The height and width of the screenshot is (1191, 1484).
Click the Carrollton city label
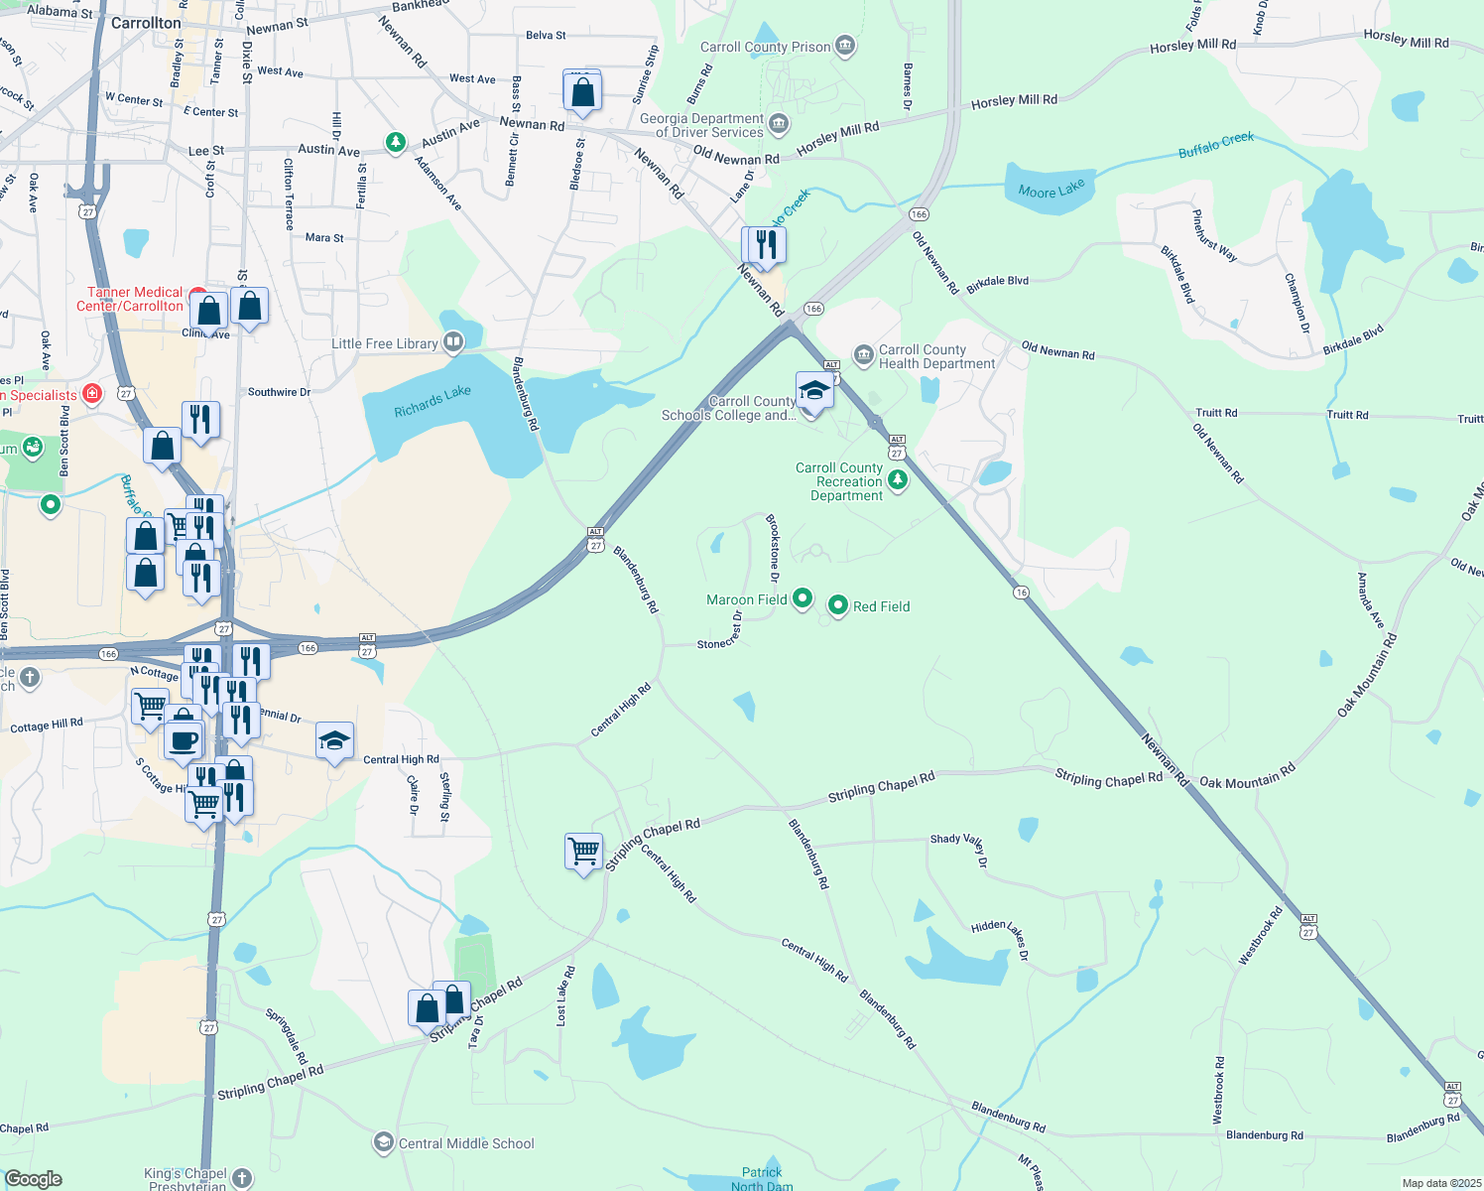[146, 23]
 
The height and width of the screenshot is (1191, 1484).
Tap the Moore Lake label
[1051, 189]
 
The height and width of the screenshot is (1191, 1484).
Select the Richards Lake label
[432, 401]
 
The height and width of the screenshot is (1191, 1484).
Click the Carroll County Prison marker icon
[845, 46]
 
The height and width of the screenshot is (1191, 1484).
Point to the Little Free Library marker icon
[453, 343]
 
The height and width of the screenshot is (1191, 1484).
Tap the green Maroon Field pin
[804, 598]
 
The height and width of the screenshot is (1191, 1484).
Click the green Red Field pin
[838, 605]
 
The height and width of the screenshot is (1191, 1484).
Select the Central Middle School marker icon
[383, 1142]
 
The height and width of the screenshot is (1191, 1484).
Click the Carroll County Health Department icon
[863, 354]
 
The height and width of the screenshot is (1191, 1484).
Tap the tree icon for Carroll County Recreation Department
[898, 480]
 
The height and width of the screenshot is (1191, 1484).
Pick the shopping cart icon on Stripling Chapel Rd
[583, 851]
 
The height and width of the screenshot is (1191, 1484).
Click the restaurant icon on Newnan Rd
[765, 244]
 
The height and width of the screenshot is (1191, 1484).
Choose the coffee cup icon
[183, 739]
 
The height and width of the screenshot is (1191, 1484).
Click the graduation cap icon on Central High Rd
[334, 740]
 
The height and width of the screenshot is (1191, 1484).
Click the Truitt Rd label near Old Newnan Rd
[1216, 412]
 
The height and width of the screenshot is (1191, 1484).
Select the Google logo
[34, 1178]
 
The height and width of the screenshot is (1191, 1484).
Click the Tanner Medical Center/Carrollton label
[130, 299]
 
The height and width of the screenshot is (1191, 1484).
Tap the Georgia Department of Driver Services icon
[779, 124]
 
